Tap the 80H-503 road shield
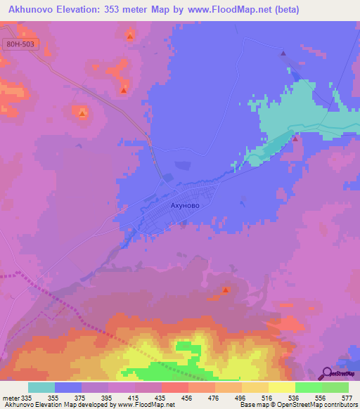point(20,44)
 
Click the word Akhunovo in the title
point(36,10)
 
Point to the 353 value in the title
point(130,10)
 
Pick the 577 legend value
point(347,397)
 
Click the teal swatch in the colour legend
point(41,387)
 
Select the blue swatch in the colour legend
point(68,387)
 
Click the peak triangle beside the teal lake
point(295,138)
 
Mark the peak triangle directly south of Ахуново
point(226,290)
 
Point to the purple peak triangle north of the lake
point(283,53)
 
